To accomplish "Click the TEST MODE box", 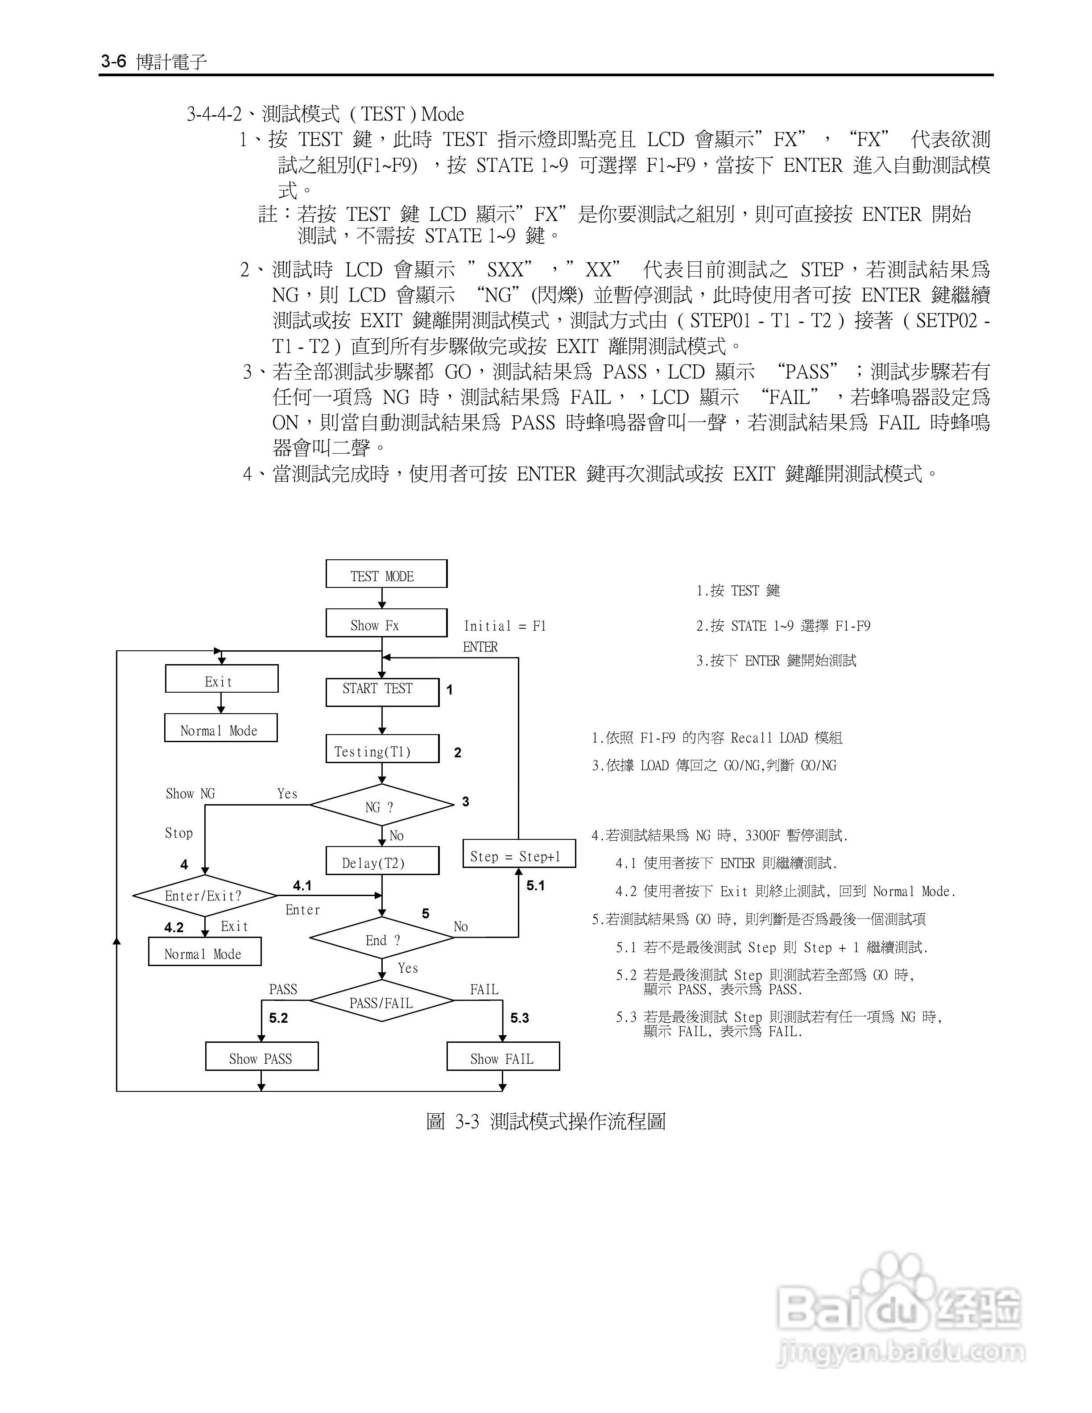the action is [386, 574].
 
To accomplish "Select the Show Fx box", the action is [386, 624].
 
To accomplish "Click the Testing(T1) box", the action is [382, 749].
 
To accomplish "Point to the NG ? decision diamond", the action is [382, 806].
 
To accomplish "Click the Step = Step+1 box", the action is [519, 854].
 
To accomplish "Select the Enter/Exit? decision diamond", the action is [204, 896].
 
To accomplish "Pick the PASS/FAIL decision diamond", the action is [382, 1001].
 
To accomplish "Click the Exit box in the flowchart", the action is [221, 679].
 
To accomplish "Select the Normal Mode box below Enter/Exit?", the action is [204, 952].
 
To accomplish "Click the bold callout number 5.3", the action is [520, 1018].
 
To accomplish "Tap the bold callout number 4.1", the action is [302, 885].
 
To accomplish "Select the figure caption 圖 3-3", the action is [546, 1121].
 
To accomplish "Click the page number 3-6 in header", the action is [113, 62].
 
